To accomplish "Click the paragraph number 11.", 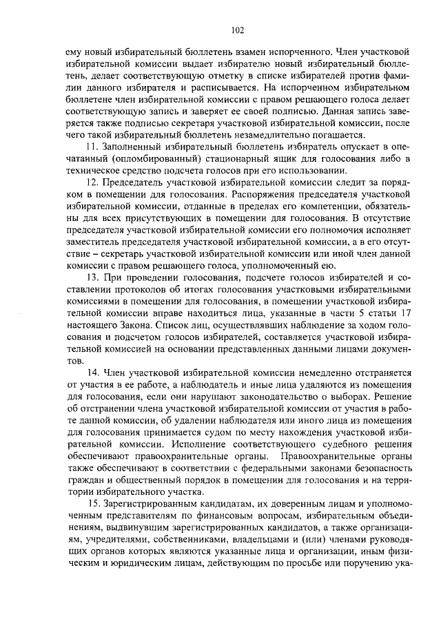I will coord(90,147).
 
